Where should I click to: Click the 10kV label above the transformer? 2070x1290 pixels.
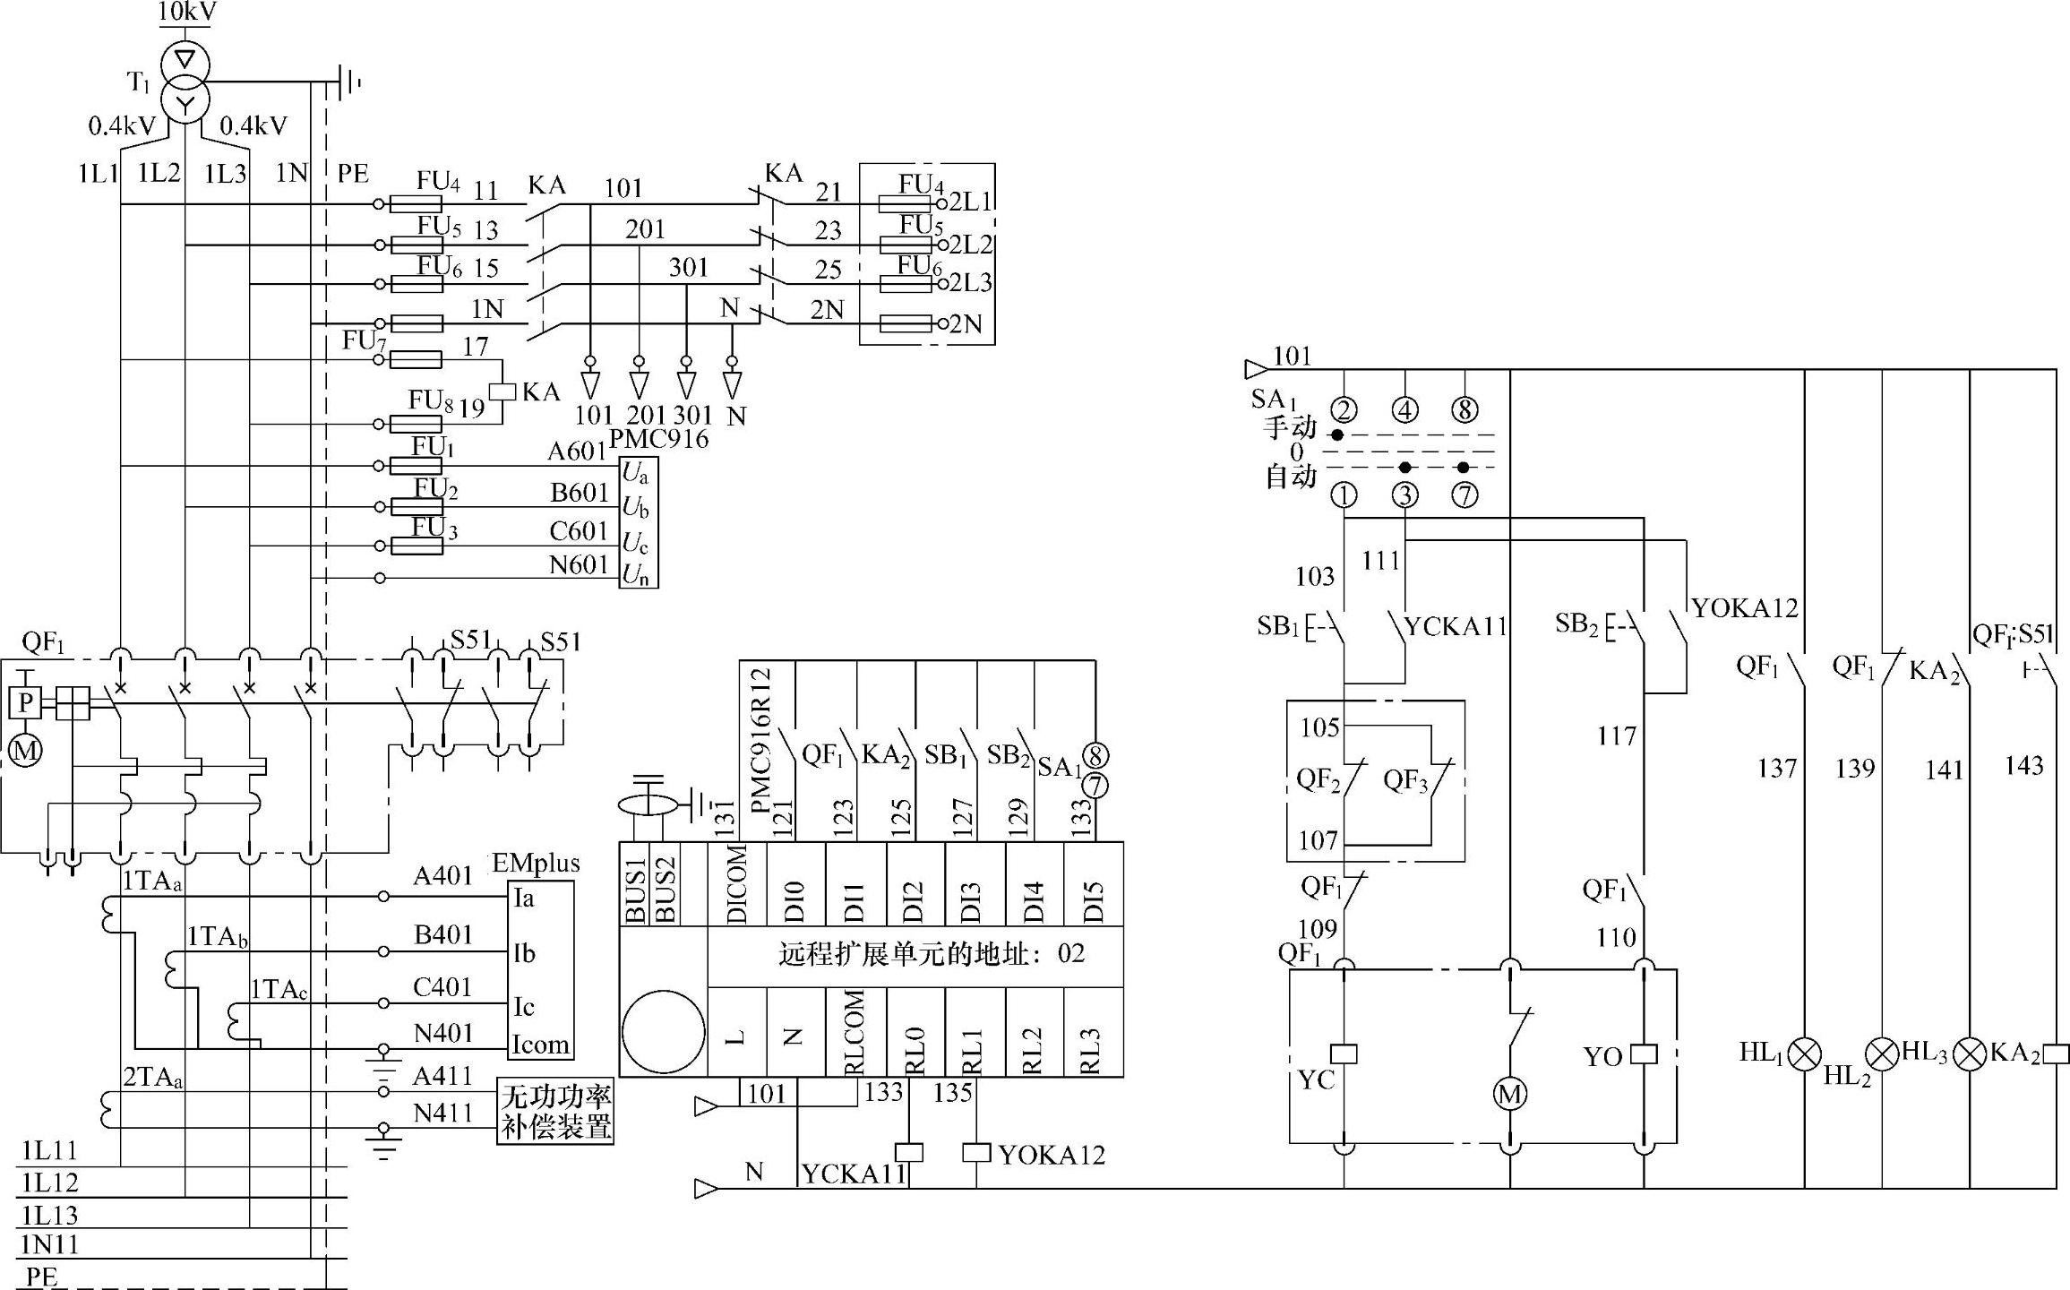coord(187,12)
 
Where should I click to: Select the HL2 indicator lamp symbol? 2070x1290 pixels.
coord(1882,1054)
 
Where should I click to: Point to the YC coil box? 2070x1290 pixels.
coord(1344,1054)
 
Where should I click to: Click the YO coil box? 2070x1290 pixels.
coord(1644,1054)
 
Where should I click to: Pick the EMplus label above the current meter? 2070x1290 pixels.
coord(537,864)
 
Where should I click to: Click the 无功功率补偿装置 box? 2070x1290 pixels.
coord(555,1111)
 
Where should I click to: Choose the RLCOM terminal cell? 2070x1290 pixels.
coord(855,1031)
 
